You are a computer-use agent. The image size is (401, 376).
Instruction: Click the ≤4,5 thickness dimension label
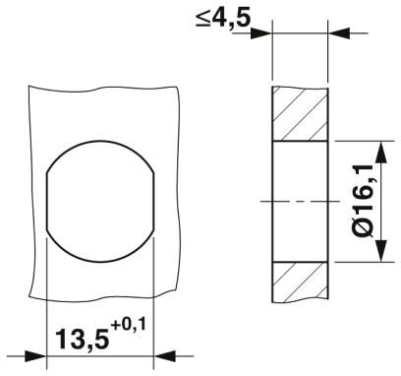click(223, 19)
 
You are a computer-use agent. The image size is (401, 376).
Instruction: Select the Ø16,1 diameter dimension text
click(363, 201)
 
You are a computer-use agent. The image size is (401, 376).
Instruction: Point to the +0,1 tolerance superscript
click(128, 325)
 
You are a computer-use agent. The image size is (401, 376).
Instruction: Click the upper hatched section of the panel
click(300, 114)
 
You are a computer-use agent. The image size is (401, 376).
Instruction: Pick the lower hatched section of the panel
click(300, 282)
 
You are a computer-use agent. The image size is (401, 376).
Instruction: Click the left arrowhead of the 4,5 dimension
click(261, 33)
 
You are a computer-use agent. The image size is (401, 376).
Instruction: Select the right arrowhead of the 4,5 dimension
click(339, 33)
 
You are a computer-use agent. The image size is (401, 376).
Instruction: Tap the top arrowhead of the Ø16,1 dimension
click(381, 152)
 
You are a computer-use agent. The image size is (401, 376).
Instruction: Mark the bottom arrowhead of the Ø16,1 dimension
click(381, 251)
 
